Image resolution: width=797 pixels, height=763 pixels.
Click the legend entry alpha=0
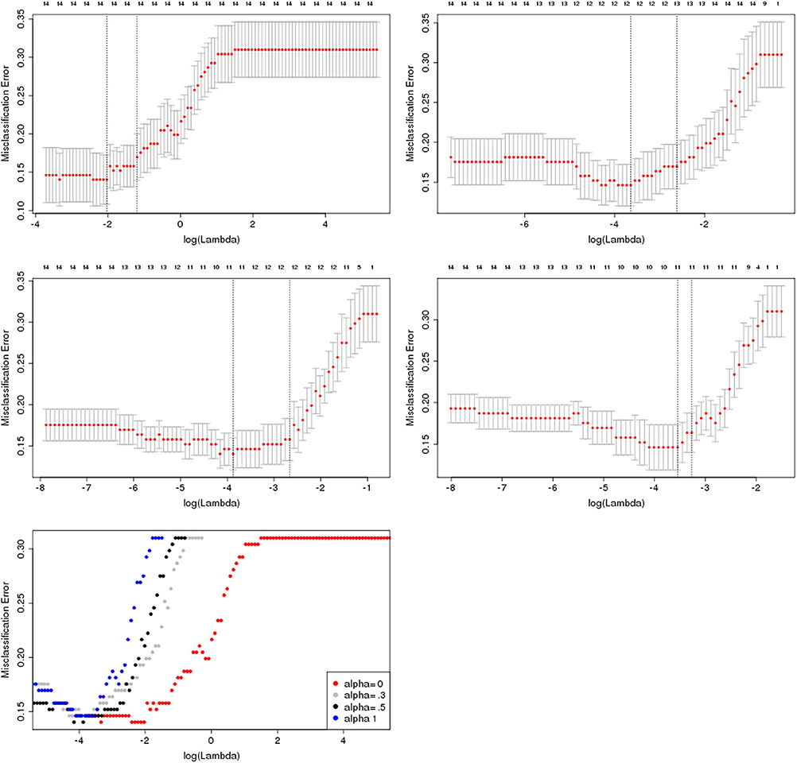coord(362,684)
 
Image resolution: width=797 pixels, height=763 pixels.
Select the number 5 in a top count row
coord(360,267)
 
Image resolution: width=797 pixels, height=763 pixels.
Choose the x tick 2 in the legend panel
coord(277,738)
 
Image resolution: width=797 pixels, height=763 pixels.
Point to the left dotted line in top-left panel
coord(107,111)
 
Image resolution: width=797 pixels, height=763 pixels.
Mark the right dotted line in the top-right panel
coord(677,111)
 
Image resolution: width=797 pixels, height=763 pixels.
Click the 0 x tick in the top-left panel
coord(181,225)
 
